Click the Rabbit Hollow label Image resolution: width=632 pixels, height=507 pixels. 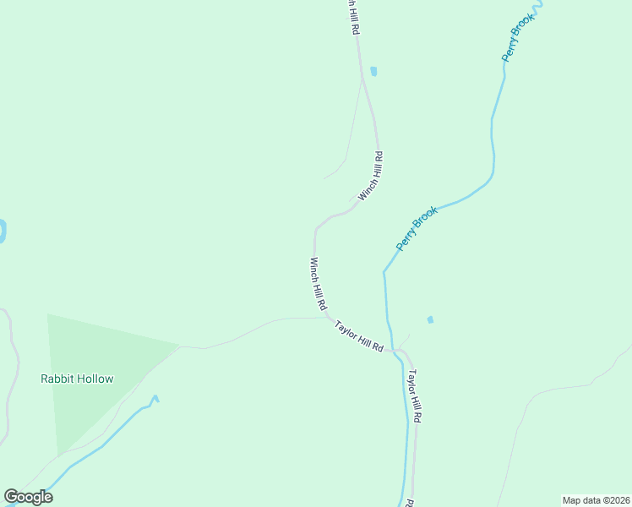(x=77, y=379)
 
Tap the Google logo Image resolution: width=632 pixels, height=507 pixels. (x=28, y=497)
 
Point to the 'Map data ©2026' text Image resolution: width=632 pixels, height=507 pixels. (x=596, y=499)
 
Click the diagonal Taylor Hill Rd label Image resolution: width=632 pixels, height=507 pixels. (x=359, y=336)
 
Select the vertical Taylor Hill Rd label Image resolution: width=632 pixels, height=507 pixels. (x=414, y=395)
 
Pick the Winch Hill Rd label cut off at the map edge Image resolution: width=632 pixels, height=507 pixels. (x=354, y=17)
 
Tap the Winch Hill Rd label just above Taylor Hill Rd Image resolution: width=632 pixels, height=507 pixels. (x=318, y=285)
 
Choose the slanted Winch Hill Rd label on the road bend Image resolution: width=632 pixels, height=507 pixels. (x=371, y=176)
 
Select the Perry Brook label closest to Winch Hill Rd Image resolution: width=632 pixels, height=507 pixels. (x=417, y=228)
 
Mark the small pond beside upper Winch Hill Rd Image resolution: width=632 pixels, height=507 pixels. (x=373, y=71)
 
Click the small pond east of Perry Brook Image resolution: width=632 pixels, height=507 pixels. (x=430, y=319)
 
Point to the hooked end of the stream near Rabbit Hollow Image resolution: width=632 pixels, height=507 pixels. (x=155, y=398)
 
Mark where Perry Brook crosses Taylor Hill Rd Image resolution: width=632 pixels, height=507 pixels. (x=395, y=349)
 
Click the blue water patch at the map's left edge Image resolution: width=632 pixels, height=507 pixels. (x=2, y=231)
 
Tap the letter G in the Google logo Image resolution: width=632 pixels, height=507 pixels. (x=12, y=497)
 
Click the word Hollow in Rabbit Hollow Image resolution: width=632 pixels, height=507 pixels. (x=95, y=379)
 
